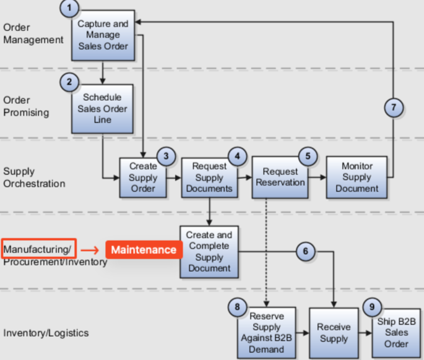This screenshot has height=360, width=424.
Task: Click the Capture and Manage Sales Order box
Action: tap(103, 35)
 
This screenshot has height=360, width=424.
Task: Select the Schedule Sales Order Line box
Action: tap(103, 109)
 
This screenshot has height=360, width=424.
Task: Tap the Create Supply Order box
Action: tap(143, 178)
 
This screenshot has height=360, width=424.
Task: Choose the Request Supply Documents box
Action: tap(209, 178)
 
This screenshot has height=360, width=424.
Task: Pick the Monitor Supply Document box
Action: tap(357, 177)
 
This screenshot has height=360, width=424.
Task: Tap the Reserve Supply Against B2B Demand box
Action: tap(266, 333)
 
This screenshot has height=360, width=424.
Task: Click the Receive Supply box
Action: tap(334, 333)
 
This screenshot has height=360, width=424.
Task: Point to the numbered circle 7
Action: tap(392, 108)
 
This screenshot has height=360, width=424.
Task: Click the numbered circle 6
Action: tap(306, 251)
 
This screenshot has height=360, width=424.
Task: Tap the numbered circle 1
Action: tap(71, 8)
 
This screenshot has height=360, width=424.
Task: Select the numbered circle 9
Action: tap(372, 306)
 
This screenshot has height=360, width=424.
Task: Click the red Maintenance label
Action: tap(144, 250)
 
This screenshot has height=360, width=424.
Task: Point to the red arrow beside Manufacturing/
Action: tap(90, 250)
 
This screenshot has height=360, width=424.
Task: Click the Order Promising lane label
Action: tap(25, 106)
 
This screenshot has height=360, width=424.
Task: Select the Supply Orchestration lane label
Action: tap(34, 178)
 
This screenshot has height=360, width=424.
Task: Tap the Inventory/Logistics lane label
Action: tap(46, 333)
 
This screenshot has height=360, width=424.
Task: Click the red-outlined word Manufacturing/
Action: tap(38, 249)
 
